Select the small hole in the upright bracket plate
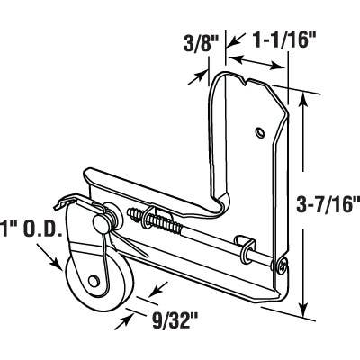tap(258, 132)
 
